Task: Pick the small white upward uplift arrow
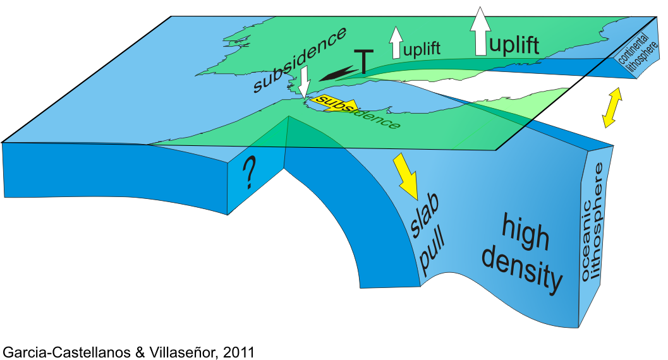click(x=396, y=43)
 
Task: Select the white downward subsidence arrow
click(x=304, y=82)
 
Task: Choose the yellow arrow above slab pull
click(x=404, y=174)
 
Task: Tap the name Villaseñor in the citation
click(x=177, y=352)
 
